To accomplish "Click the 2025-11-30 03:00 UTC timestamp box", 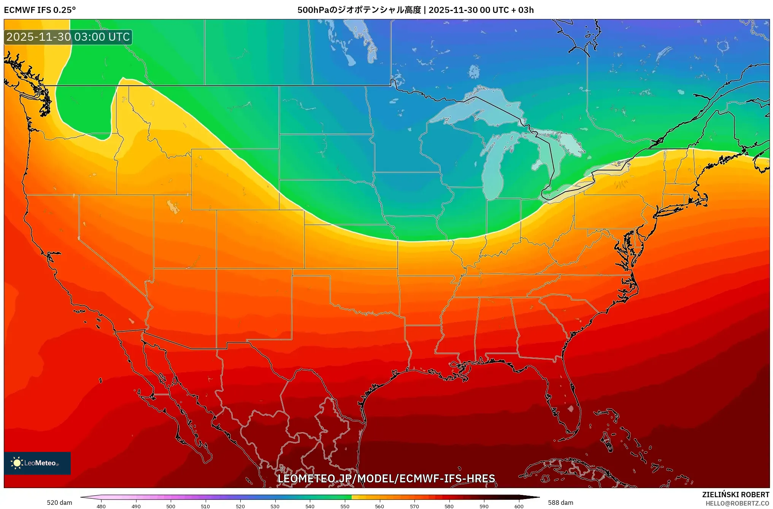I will [68, 37].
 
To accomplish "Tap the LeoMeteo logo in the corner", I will [37, 463].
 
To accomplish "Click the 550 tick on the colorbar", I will [344, 506].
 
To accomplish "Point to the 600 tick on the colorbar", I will [519, 506].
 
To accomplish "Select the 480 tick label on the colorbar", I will [101, 506].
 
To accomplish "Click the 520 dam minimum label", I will [59, 503].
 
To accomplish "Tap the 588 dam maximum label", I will [560, 503].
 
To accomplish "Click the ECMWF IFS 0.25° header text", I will [40, 10].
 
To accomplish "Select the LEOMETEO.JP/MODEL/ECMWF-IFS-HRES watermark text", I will [386, 478].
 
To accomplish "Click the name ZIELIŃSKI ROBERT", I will [735, 495].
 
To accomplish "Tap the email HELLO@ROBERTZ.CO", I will [737, 503].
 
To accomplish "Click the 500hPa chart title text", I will [415, 10].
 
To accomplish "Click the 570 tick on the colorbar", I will [414, 506].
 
